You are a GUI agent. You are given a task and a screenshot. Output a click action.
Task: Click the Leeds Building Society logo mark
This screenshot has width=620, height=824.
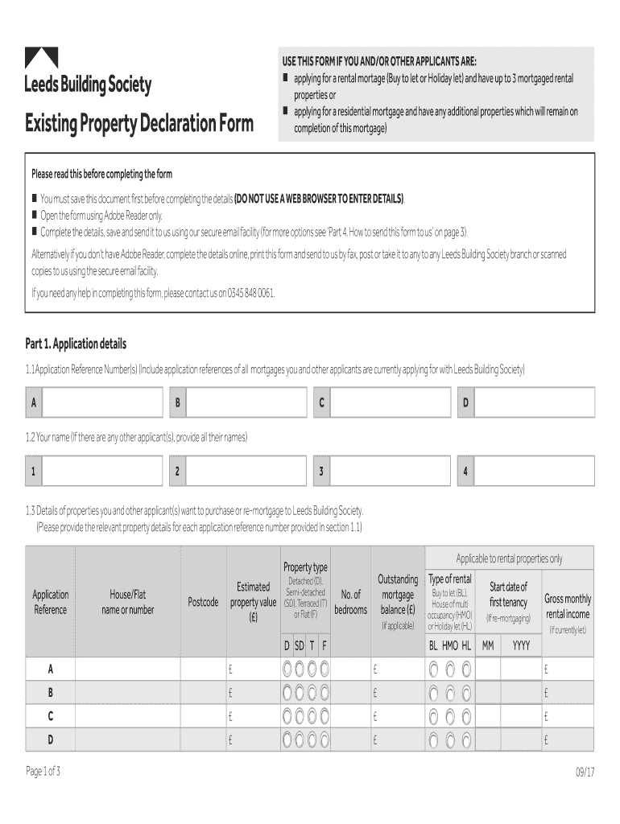pyautogui.click(x=41, y=59)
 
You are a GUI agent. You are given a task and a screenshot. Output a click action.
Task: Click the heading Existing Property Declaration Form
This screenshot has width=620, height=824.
pyautogui.click(x=138, y=124)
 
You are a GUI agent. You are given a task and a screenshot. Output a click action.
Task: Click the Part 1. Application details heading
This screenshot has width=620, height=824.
pyautogui.click(x=76, y=344)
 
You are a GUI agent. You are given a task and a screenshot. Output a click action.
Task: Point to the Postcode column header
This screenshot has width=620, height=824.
pyautogui.click(x=203, y=602)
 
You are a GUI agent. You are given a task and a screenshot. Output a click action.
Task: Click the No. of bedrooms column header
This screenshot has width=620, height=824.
pyautogui.click(x=350, y=602)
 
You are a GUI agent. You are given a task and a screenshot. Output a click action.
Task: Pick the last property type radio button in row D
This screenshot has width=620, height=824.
pyautogui.click(x=324, y=740)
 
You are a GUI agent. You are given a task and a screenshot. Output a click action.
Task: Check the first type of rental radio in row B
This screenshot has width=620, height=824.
pyautogui.click(x=433, y=692)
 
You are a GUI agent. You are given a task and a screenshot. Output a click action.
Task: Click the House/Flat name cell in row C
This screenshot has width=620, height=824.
pyautogui.click(x=127, y=715)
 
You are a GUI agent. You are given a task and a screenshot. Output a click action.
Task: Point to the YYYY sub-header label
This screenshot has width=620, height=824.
pyautogui.click(x=522, y=645)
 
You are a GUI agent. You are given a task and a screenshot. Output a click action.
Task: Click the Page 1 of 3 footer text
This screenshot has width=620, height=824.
pyautogui.click(x=43, y=772)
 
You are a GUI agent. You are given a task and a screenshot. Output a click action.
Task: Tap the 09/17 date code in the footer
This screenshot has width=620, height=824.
pyautogui.click(x=584, y=772)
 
